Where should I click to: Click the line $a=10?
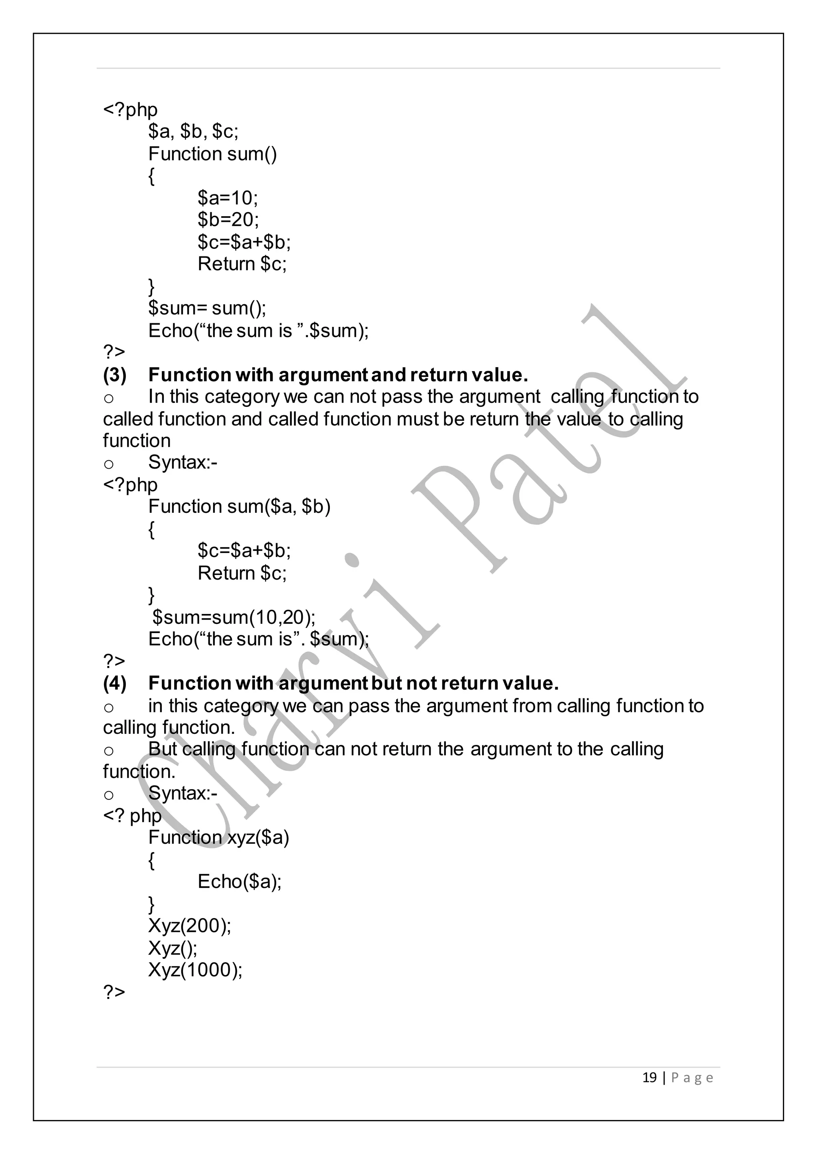228,198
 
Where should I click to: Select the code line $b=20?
228,219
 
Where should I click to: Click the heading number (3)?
115,375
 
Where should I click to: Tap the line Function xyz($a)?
219,837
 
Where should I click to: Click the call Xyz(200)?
189,926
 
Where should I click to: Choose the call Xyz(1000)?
195,970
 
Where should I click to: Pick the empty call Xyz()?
173,948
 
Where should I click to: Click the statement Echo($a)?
239,881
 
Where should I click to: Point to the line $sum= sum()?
207,308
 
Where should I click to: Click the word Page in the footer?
692,1078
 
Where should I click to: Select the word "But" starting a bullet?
162,749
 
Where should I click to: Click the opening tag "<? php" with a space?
132,815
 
